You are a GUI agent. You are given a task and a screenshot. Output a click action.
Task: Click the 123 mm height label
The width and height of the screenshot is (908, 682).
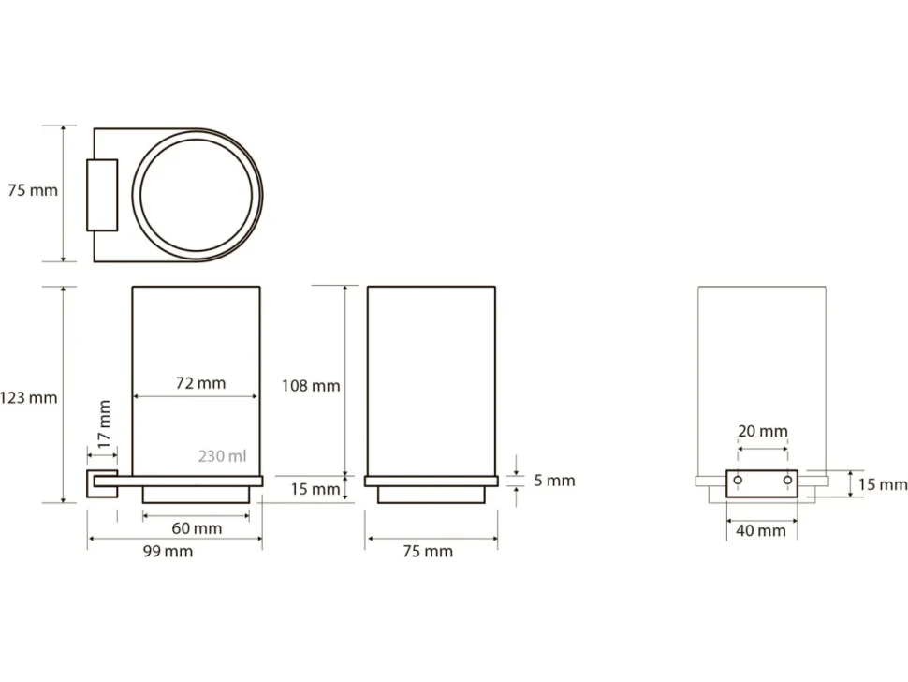28,398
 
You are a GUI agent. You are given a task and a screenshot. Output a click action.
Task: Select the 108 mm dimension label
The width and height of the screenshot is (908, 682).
311,386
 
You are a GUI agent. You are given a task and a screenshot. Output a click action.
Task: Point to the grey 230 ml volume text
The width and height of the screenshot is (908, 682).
223,456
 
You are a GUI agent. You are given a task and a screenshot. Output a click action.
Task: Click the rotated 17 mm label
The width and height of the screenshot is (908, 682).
104,424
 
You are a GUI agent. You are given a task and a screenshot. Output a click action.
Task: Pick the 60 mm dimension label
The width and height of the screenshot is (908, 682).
197,528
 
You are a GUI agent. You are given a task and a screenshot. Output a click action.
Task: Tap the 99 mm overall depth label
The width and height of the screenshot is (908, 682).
168,551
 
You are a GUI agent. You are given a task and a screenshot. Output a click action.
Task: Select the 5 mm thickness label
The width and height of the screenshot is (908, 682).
554,481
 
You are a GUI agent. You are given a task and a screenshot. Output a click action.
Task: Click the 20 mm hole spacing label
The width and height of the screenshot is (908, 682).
763,431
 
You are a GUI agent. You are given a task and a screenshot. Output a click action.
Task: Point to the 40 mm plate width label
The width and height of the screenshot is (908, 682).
761,531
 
